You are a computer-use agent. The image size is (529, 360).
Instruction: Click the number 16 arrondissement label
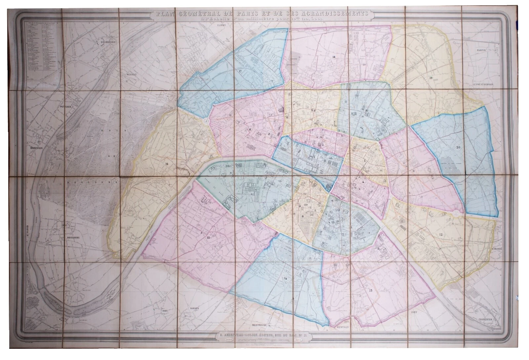166,163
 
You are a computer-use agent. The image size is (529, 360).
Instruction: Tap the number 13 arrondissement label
370,290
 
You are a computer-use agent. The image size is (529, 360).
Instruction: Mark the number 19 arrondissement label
430,78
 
